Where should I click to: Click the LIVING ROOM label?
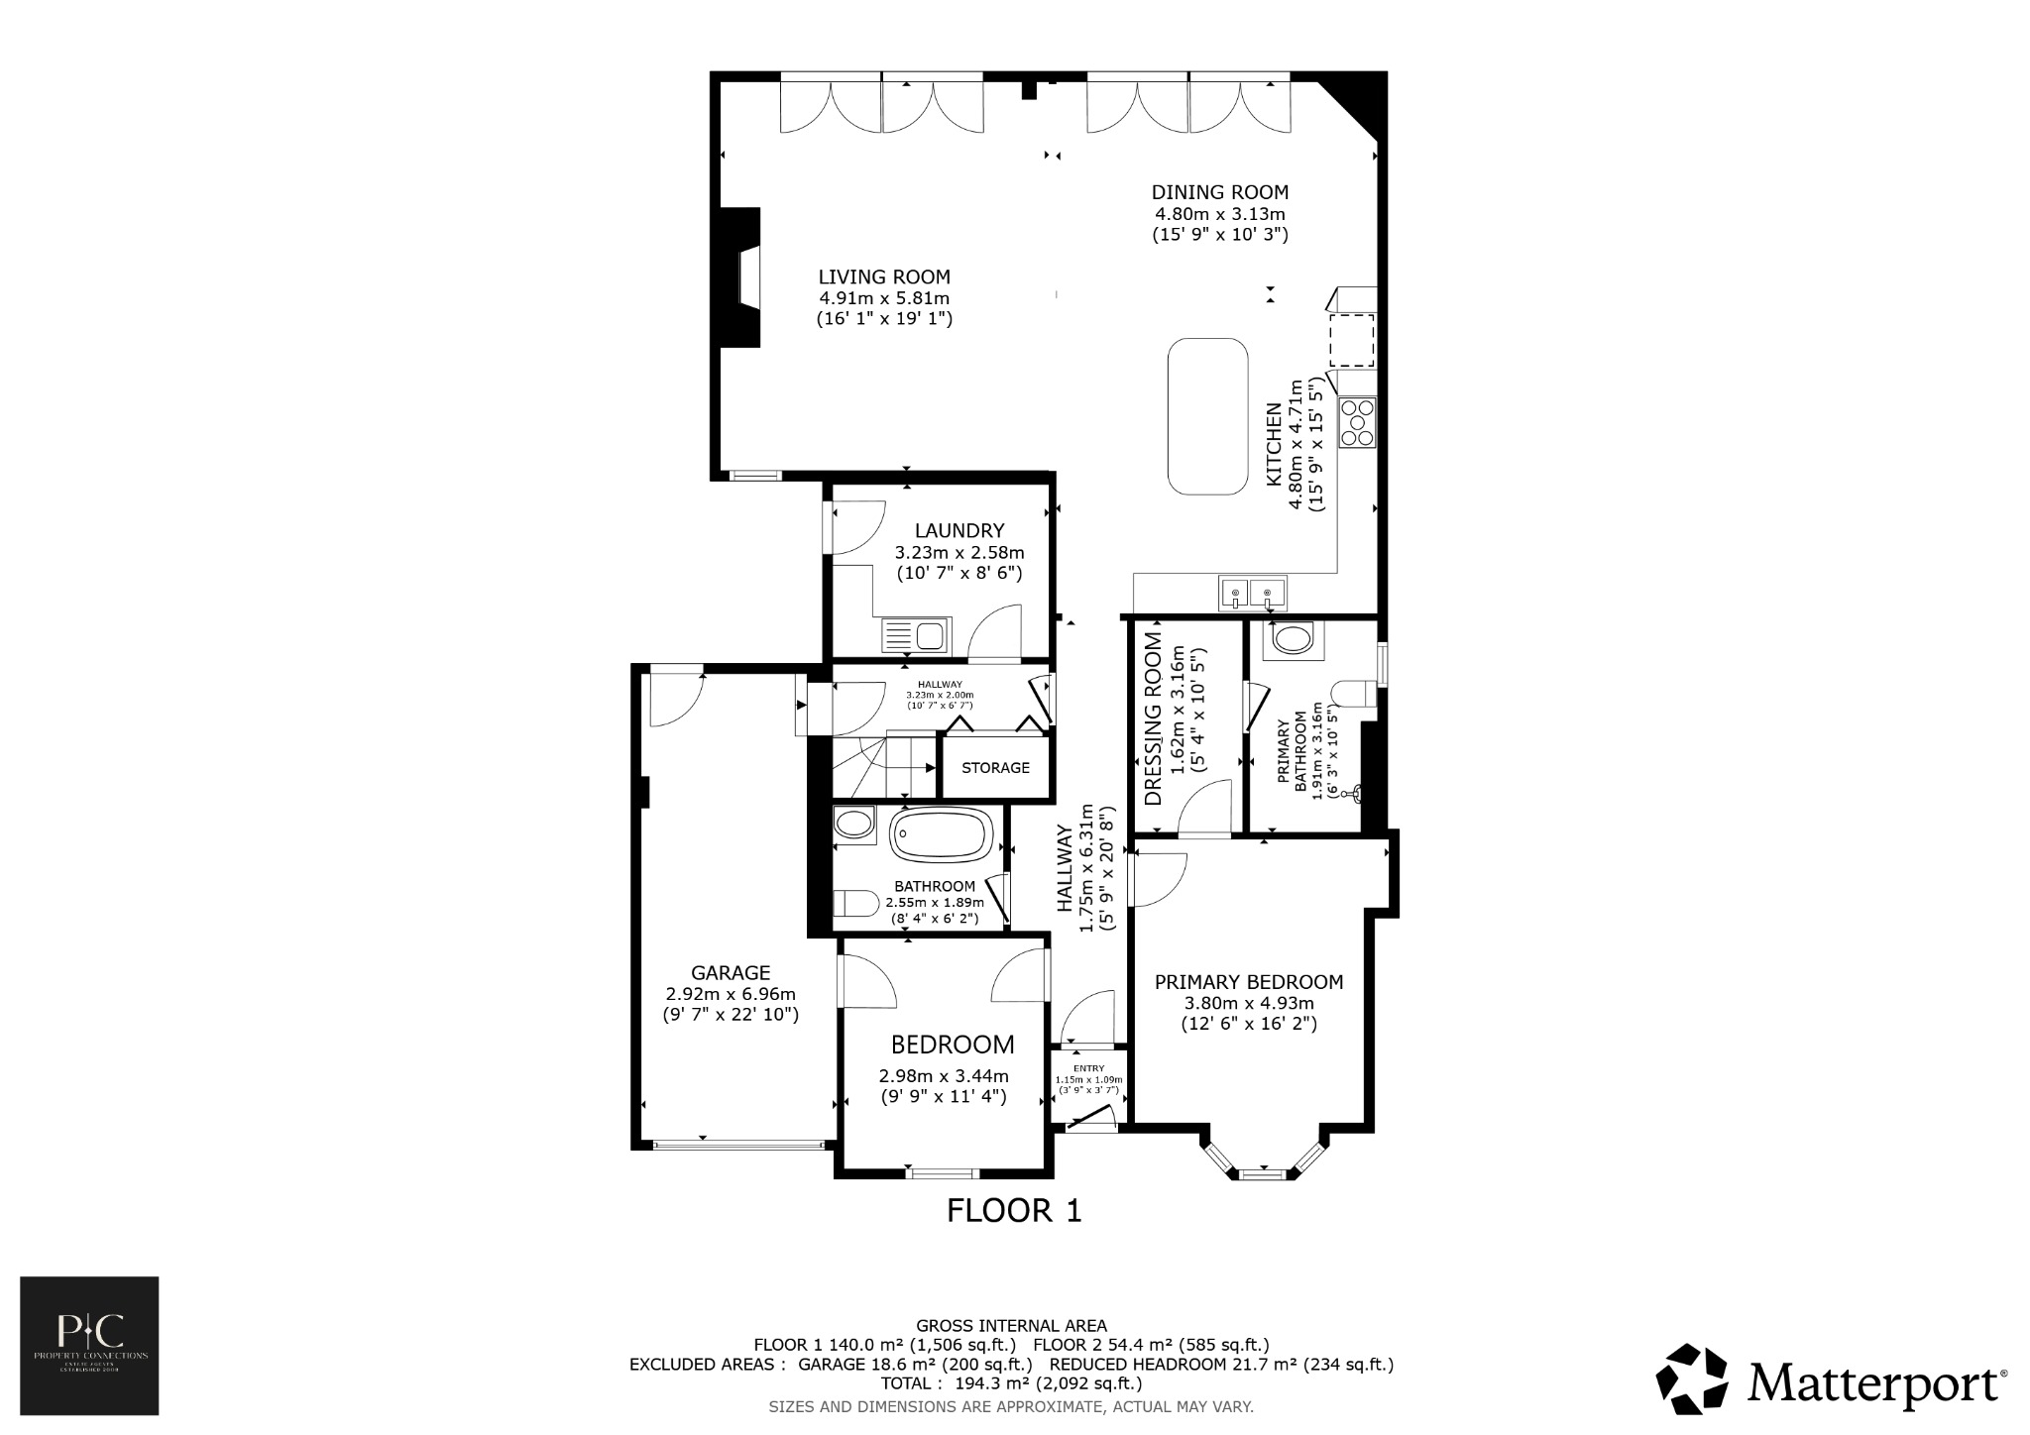point(883,277)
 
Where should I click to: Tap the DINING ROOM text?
point(1219,192)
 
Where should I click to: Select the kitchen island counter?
point(1207,416)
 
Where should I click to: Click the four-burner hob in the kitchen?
point(1357,422)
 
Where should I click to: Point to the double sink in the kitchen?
point(1252,594)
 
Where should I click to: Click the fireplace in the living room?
point(743,277)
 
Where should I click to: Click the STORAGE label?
point(995,768)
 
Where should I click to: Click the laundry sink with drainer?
point(220,634)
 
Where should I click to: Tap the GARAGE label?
point(731,972)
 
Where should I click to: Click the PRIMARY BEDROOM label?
point(1248,982)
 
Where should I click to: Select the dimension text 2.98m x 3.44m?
point(943,1076)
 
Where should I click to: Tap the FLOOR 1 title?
point(1014,1210)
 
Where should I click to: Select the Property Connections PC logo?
point(89,1345)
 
